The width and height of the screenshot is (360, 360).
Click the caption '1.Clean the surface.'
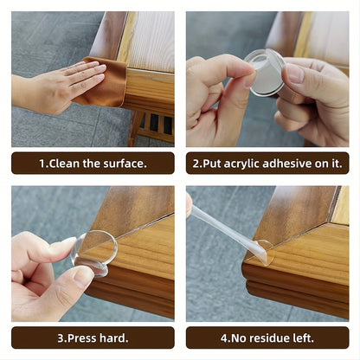click(x=93, y=163)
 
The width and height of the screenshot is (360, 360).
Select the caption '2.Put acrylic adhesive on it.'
click(x=267, y=163)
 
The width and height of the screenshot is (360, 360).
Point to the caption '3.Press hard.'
click(x=93, y=337)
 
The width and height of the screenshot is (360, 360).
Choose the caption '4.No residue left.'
click(x=267, y=337)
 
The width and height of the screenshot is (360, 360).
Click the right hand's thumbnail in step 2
click(x=295, y=74)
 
